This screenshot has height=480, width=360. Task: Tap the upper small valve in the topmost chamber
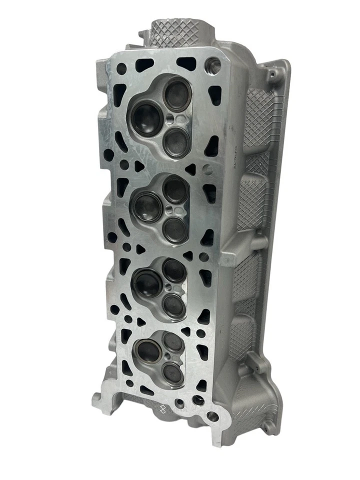(x=175, y=94)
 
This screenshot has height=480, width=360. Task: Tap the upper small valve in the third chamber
(x=174, y=270)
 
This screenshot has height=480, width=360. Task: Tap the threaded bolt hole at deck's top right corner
(x=212, y=64)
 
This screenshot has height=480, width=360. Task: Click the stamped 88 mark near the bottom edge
(x=162, y=408)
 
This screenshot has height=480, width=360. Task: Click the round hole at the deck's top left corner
(x=121, y=68)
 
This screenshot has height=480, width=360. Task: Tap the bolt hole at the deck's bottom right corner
(x=212, y=416)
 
